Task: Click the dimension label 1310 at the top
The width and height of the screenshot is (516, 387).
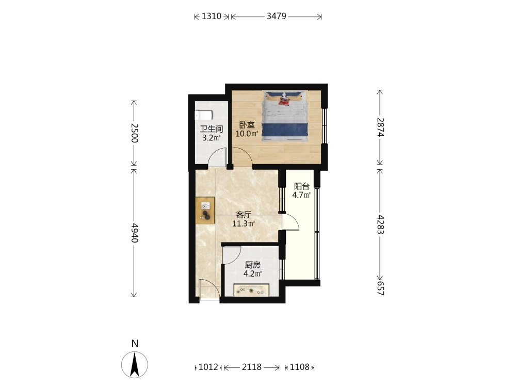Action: pos(211,16)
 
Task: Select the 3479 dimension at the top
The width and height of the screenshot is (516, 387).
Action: pos(277,16)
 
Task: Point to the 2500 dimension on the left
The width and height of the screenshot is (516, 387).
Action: pos(134,133)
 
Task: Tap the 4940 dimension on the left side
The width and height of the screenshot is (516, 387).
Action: pos(134,233)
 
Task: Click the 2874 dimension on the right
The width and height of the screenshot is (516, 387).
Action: pos(380,127)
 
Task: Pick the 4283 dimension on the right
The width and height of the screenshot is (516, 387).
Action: pos(380,224)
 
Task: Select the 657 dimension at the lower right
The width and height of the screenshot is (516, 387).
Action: pos(380,288)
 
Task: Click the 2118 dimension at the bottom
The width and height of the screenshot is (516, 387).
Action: pos(252,367)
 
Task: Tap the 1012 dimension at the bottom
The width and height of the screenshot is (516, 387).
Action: pos(208,367)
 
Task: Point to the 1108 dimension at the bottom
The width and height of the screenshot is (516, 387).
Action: pos(299,367)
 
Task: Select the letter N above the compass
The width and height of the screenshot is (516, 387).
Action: pos(135,344)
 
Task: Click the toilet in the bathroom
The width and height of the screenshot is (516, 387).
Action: pos(203,116)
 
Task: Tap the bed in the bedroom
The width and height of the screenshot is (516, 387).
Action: pos(285,116)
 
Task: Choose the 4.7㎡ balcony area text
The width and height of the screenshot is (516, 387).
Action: pos(301,195)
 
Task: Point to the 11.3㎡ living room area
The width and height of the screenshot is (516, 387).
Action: pos(244,224)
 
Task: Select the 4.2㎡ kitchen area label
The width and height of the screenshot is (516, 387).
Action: pos(252,274)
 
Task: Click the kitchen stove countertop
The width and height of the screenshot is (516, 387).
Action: pos(251,291)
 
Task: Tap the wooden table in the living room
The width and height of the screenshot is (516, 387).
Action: pos(205,211)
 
